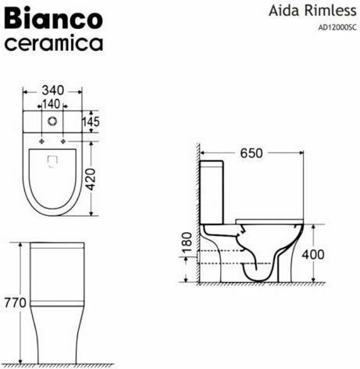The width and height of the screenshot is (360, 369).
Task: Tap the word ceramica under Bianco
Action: point(54,42)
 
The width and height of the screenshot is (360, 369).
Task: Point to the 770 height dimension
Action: point(15,302)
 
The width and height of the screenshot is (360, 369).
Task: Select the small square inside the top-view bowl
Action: point(54,162)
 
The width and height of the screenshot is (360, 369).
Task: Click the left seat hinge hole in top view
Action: point(37,142)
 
